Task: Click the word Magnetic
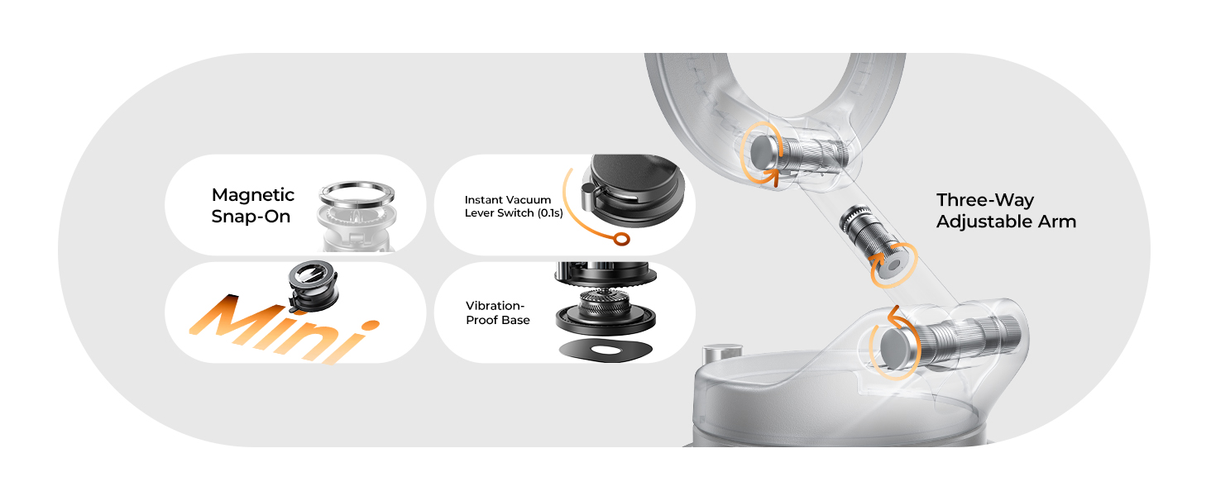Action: tap(253, 195)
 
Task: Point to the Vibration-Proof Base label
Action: tap(497, 312)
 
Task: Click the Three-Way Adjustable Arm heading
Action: tap(1006, 211)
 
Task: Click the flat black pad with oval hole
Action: tap(601, 350)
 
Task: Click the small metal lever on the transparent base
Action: tap(713, 356)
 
